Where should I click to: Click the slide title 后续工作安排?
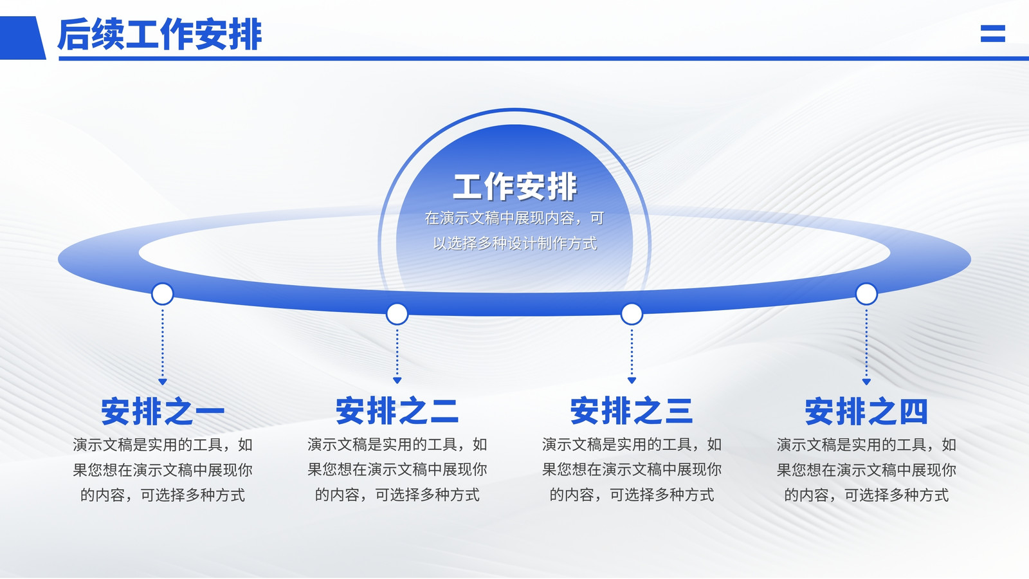pyautogui.click(x=159, y=34)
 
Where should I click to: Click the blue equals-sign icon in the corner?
pyautogui.click(x=993, y=33)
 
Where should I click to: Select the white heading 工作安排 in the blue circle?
pyautogui.click(x=514, y=187)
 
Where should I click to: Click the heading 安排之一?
pyautogui.click(x=163, y=411)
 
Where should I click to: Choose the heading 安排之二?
pyautogui.click(x=397, y=411)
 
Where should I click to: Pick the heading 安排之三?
pyautogui.click(x=632, y=411)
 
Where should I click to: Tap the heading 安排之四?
pyautogui.click(x=866, y=411)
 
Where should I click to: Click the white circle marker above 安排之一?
pyautogui.click(x=163, y=294)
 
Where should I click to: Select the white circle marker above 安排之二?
pyautogui.click(x=397, y=314)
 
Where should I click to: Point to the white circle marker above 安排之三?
pyautogui.click(x=632, y=314)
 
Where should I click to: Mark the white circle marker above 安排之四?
pyautogui.click(x=866, y=294)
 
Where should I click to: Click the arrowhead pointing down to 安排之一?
pyautogui.click(x=163, y=382)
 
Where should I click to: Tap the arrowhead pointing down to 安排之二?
pyautogui.click(x=397, y=380)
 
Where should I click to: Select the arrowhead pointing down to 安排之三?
pyautogui.click(x=632, y=380)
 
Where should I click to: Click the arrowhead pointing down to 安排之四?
pyautogui.click(x=866, y=382)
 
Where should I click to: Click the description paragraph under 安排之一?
pyautogui.click(x=163, y=470)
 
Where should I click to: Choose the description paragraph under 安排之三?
pyautogui.click(x=632, y=470)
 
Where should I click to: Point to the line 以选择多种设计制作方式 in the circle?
pyautogui.click(x=514, y=243)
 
